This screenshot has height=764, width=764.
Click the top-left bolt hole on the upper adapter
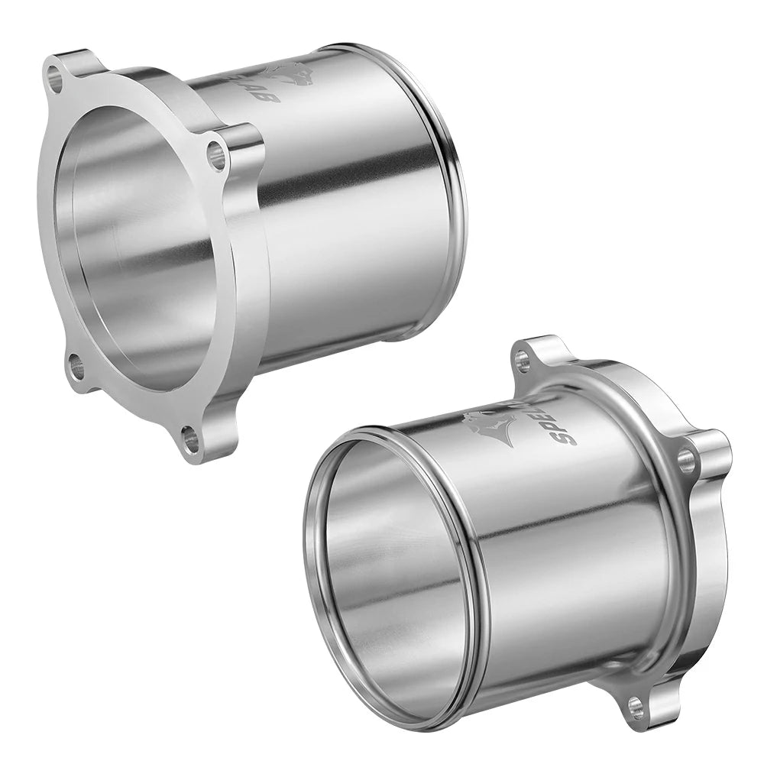(x=54, y=76)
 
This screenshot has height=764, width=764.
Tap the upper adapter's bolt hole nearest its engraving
(x=217, y=157)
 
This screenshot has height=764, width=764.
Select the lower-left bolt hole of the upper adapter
(x=76, y=367)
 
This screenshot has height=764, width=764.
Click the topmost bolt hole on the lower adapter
(x=523, y=360)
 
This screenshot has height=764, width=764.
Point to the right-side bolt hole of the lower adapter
(x=686, y=459)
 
